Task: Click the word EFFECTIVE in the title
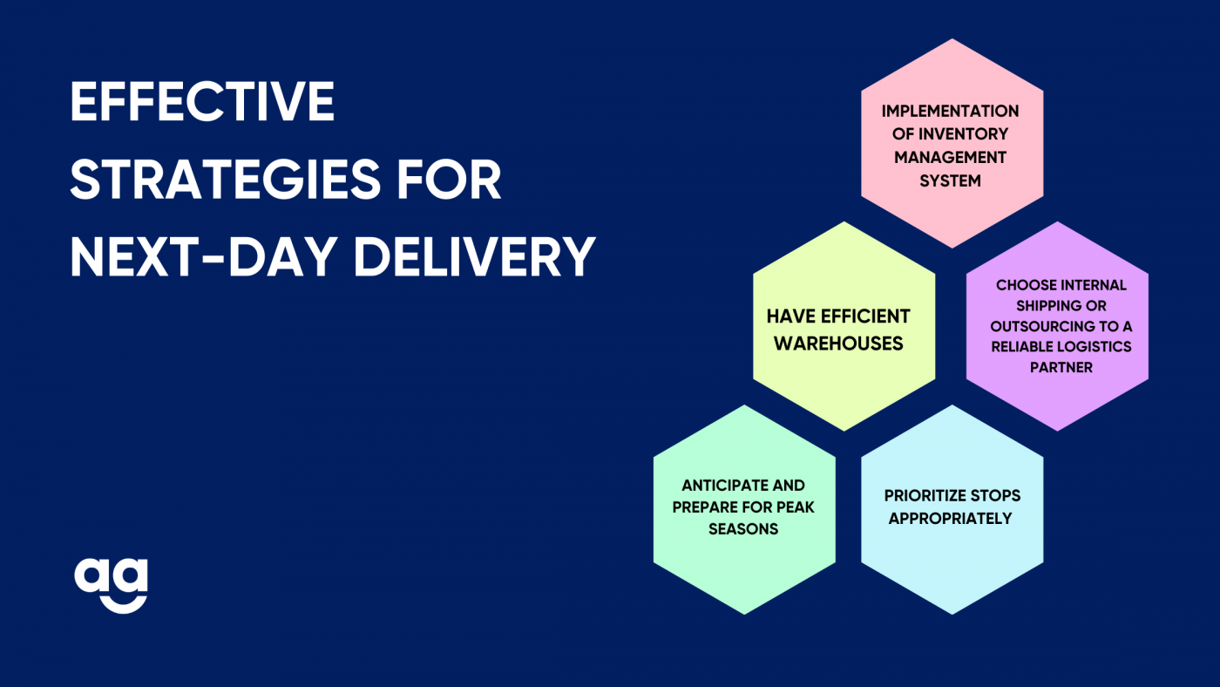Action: pos(202,101)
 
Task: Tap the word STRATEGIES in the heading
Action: pos(226,180)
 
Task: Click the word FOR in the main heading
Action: pos(449,180)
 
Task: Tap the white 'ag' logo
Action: pos(112,586)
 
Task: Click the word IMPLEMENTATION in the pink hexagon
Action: pos(951,111)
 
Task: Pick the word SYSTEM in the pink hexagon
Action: pos(951,180)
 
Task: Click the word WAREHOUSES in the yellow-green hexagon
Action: pos(838,343)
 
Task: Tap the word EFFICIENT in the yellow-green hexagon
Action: pos(865,316)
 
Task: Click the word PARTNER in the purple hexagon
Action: pos(1061,367)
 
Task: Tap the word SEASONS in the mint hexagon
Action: pos(743,529)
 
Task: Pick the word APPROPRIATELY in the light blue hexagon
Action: pos(951,519)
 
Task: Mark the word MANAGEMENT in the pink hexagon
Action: pos(951,158)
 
